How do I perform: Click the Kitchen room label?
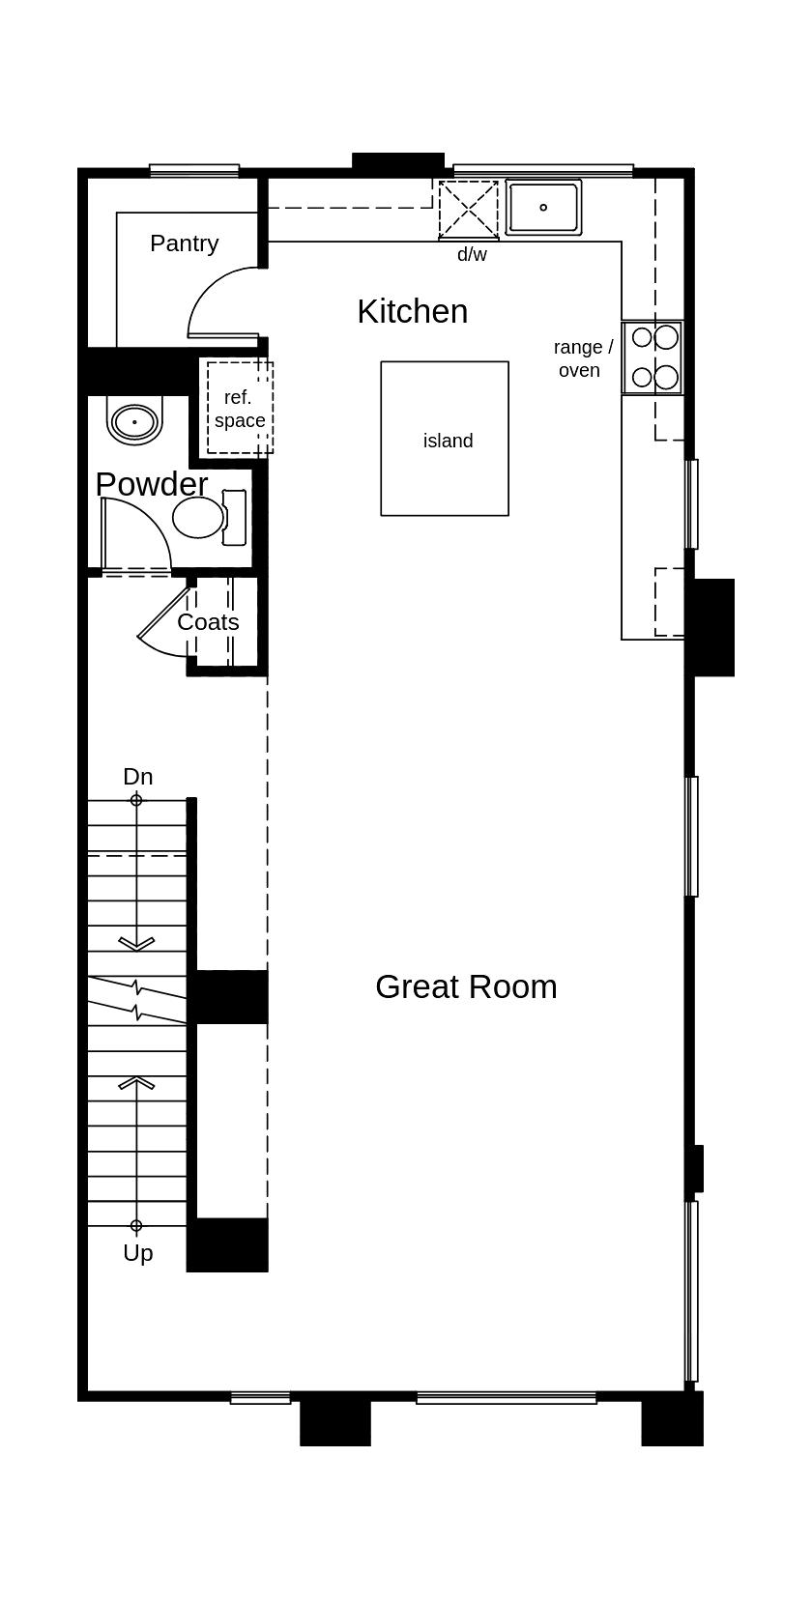coord(412,311)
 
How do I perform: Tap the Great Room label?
coord(466,986)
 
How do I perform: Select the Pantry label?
coord(184,243)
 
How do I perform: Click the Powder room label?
coord(152,483)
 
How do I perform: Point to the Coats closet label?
coord(208,622)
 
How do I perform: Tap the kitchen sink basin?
coord(543,207)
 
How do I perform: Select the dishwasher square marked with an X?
coord(469,209)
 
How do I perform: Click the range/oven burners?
coord(653,357)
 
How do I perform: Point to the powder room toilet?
coord(203,518)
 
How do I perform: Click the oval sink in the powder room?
coord(134,422)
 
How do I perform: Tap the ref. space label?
coord(239,409)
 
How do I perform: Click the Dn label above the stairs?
coord(138,777)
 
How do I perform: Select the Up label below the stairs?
coord(138,1253)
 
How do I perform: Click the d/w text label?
coord(472,255)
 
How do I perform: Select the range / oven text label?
coord(582,358)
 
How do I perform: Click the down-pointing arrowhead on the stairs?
coord(136,943)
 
